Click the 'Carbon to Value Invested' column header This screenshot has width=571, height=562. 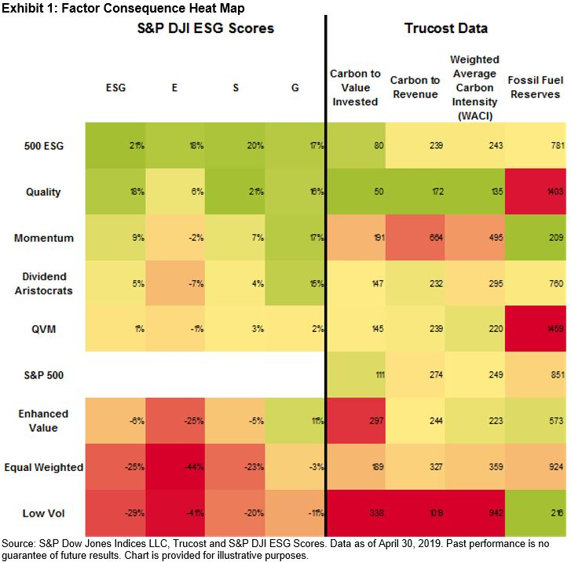click(x=356, y=88)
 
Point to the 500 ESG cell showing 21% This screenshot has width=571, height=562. click(x=115, y=146)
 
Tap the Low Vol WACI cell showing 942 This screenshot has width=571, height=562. click(x=475, y=513)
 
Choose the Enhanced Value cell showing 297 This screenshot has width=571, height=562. click(x=356, y=421)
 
